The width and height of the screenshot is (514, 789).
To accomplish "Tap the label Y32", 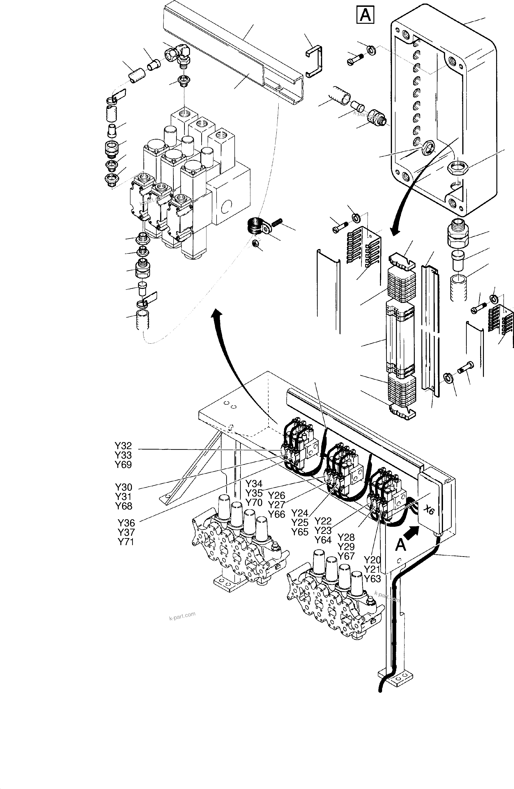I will click(x=123, y=446).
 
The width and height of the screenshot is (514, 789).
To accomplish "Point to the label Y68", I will click(x=123, y=506).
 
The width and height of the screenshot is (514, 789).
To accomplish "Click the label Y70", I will click(x=254, y=503).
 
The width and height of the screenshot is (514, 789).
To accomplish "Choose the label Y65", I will click(x=300, y=532).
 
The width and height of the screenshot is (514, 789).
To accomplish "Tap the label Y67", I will click(x=346, y=556).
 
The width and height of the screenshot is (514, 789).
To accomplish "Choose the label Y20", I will click(x=372, y=560).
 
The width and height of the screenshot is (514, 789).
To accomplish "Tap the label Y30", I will click(x=123, y=487).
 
